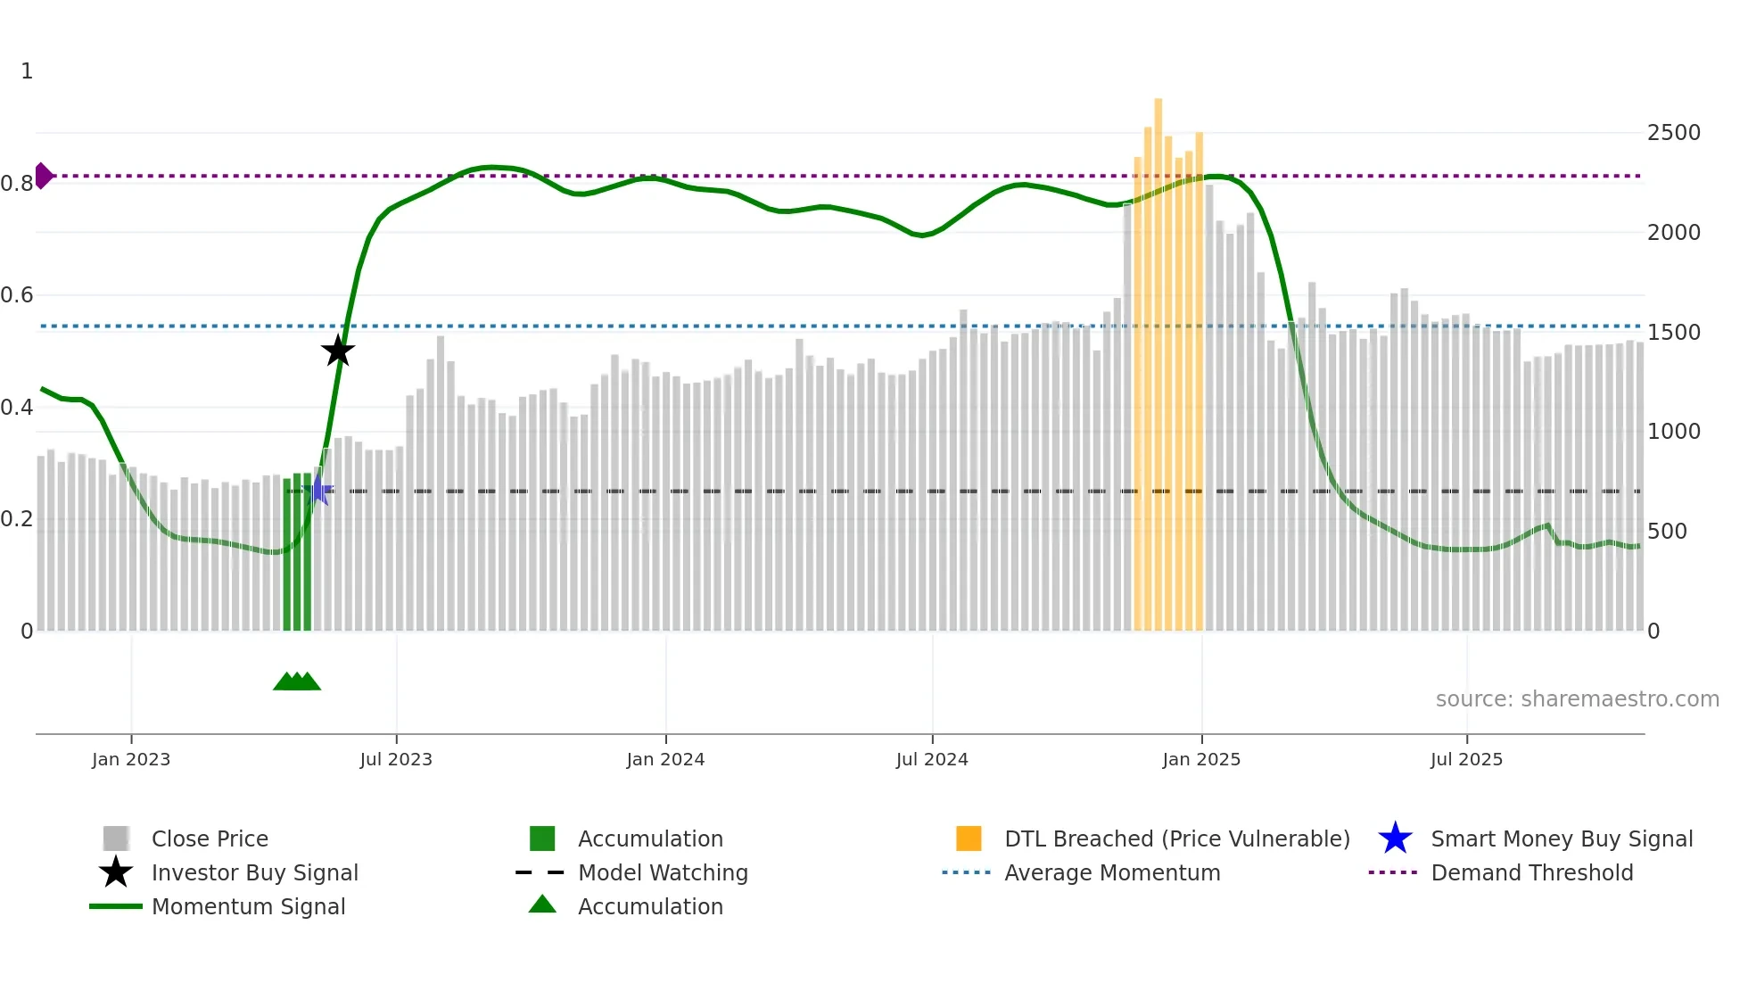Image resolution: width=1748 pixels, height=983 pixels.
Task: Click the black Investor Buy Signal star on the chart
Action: click(x=338, y=351)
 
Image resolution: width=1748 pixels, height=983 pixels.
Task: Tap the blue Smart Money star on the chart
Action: click(x=318, y=490)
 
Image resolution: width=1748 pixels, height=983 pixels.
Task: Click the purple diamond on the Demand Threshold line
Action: click(x=43, y=176)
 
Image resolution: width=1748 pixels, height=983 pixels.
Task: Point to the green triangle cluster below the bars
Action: click(x=296, y=681)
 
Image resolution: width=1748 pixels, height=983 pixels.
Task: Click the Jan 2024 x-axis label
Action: click(x=665, y=759)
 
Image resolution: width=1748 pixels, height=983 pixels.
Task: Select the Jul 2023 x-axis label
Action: click(x=396, y=759)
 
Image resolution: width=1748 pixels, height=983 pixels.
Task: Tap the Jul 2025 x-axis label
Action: click(x=1466, y=759)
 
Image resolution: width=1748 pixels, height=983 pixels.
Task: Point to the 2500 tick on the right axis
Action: click(x=1673, y=133)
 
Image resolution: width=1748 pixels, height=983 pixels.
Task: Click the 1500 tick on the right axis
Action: click(x=1673, y=333)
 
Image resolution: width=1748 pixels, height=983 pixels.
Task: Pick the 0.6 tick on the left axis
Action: click(x=17, y=295)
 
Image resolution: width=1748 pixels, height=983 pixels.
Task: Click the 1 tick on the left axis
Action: click(x=27, y=71)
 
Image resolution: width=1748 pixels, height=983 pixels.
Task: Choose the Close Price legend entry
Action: click(x=210, y=838)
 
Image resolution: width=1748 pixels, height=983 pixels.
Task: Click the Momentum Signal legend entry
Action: click(x=248, y=906)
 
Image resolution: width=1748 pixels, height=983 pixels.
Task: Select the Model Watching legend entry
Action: click(x=663, y=872)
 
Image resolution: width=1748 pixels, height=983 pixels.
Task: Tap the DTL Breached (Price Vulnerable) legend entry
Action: click(x=1176, y=838)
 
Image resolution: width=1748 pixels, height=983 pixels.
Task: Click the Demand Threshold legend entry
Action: click(x=1531, y=872)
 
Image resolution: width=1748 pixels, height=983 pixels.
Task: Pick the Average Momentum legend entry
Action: click(x=1111, y=872)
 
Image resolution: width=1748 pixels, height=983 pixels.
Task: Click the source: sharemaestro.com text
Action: click(x=1577, y=699)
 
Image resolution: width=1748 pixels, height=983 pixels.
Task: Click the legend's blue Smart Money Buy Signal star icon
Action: click(x=1395, y=838)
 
